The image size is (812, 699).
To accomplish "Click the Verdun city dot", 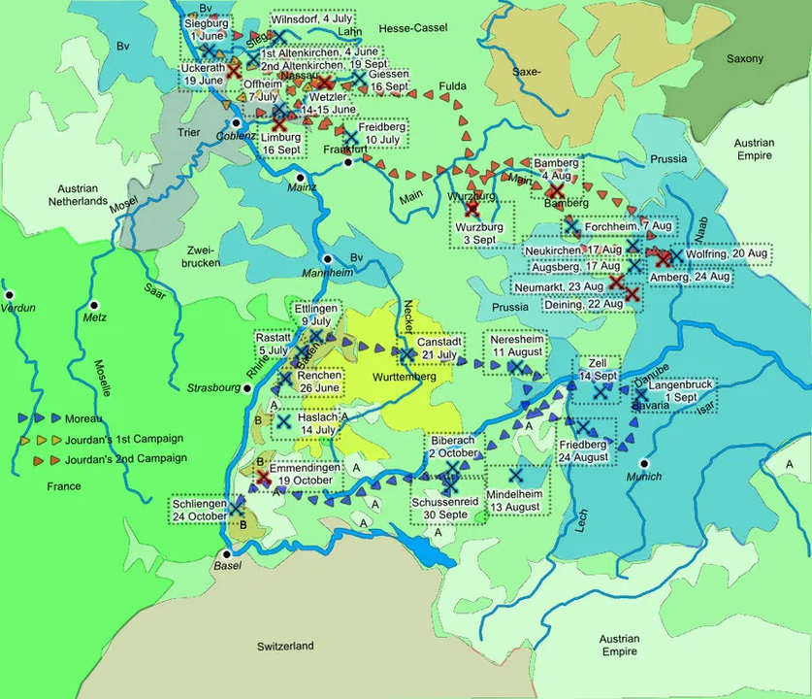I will coord(10,293).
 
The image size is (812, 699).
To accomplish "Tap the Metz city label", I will coord(95,316).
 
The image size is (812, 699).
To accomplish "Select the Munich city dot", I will coord(641,463).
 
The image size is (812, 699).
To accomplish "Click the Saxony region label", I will coord(745,59).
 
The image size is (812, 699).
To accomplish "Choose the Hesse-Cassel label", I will coord(411,28).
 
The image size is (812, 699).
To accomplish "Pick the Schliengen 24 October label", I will coord(200,510).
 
